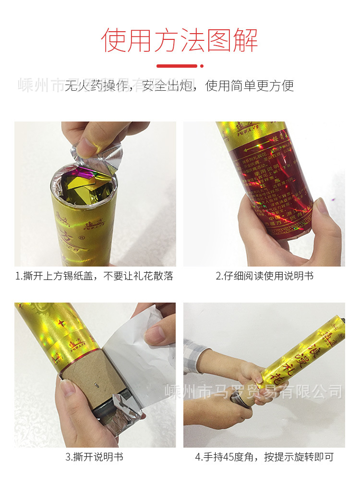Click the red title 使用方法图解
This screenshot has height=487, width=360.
[180, 40]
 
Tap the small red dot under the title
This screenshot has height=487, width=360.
[202, 66]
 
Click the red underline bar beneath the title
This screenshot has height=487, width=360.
[177, 66]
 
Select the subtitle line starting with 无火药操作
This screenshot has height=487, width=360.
[180, 86]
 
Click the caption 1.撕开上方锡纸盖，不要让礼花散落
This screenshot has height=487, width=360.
[95, 276]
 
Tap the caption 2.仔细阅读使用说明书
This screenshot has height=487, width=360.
[264, 276]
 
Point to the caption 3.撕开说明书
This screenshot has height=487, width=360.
[95, 457]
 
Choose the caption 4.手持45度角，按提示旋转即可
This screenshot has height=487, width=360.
[264, 457]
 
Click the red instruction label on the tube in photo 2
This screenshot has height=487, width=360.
[271, 187]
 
